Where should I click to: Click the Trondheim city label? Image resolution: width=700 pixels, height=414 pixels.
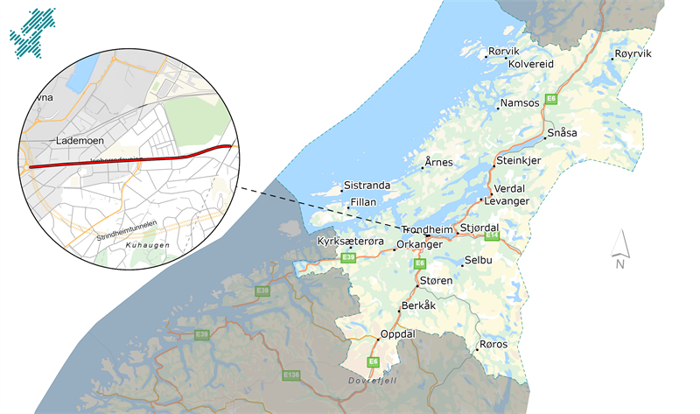point(428,229)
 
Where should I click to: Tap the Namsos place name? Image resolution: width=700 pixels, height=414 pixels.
point(519,103)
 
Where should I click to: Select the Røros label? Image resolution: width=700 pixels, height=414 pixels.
point(493,344)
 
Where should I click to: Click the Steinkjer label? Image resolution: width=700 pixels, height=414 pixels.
point(518,161)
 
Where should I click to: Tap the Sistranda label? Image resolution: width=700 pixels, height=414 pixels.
point(366,186)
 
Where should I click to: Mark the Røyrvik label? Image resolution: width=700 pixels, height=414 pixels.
point(633,54)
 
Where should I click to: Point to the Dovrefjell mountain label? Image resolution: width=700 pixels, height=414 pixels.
point(373,379)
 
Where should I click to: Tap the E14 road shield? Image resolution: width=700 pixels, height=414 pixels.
point(492,235)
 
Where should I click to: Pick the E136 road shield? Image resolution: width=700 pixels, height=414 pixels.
point(291,375)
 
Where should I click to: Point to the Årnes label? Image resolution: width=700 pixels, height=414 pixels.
point(438,163)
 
